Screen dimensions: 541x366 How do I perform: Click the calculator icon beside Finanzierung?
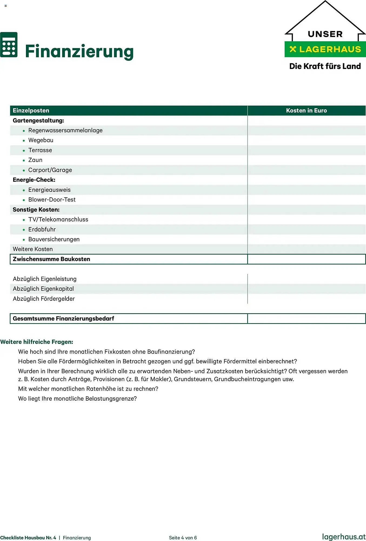[x=9, y=45]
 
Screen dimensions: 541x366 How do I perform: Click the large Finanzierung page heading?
[x=79, y=51]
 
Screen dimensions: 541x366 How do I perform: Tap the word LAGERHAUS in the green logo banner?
[x=330, y=49]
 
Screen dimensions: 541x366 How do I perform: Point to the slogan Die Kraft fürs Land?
[x=325, y=66]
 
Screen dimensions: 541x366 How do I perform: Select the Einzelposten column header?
[x=31, y=110]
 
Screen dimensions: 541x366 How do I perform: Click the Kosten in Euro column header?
[x=306, y=110]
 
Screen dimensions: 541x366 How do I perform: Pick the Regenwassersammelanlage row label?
[x=65, y=130]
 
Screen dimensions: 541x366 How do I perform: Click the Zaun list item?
[x=35, y=160]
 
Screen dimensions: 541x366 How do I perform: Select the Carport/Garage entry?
[x=50, y=170]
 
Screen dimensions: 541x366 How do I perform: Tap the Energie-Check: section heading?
[x=34, y=180]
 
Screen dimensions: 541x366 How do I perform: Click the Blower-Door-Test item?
[x=52, y=200]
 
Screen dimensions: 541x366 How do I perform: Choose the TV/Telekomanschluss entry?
[x=58, y=219]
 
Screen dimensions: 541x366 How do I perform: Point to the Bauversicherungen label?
[x=54, y=239]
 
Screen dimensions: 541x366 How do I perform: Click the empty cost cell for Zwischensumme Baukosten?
[x=306, y=259]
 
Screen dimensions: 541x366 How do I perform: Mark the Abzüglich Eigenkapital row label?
[x=43, y=289]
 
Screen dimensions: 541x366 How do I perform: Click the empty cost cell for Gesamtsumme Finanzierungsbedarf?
[x=306, y=319]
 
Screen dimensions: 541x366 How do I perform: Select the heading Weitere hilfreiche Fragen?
[x=37, y=342]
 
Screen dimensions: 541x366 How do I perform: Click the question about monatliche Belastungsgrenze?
[x=77, y=399]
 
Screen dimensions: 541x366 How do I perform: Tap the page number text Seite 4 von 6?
[x=183, y=538]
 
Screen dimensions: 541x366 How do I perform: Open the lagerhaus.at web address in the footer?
[x=344, y=537]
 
